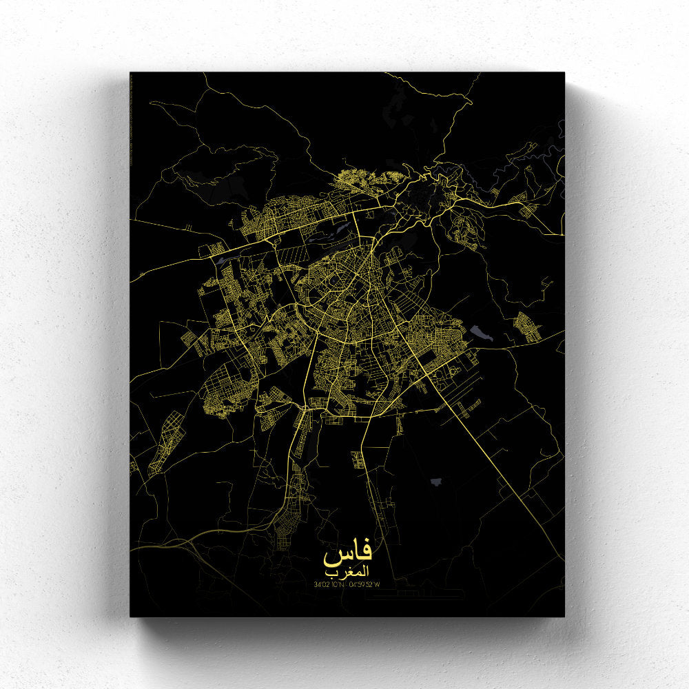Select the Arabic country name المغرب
pos(348,573)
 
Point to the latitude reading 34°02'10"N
pos(329,585)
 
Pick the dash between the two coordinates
pos(347,585)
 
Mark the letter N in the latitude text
pos(342,585)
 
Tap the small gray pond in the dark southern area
pos(436,482)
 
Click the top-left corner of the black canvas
pos(131,73)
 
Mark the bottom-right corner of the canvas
pos(564,615)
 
